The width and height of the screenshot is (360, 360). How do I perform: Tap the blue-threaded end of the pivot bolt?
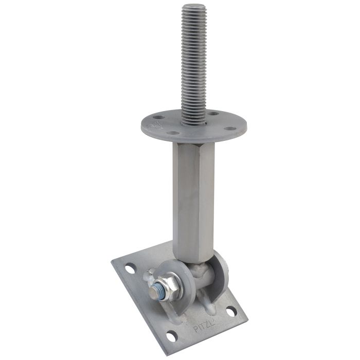154,293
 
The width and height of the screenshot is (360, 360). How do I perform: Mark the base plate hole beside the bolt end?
131,268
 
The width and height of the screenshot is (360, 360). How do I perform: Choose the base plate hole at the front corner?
172,335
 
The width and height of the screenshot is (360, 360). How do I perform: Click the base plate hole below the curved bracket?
231,311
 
